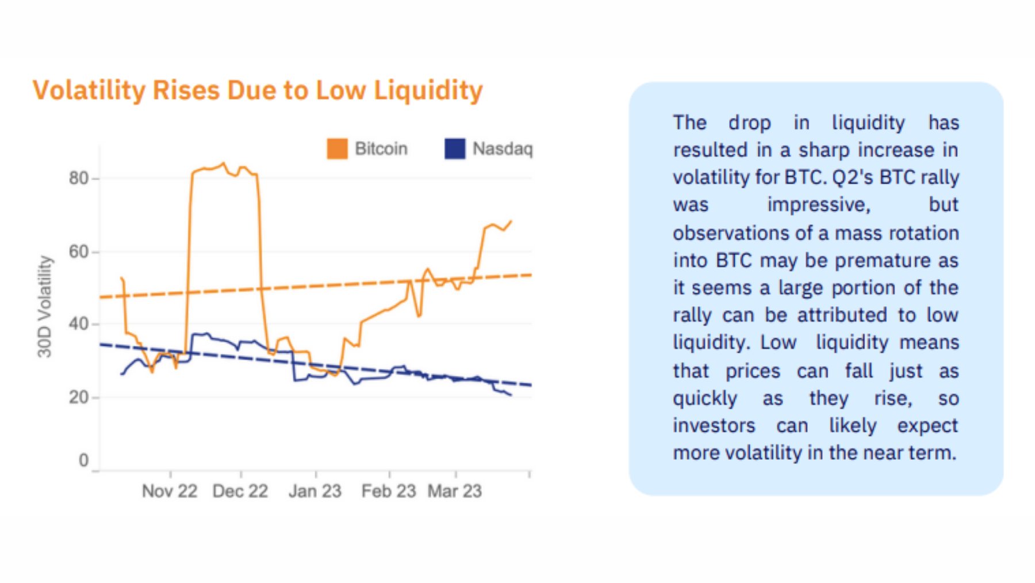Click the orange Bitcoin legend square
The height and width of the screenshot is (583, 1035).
[337, 148]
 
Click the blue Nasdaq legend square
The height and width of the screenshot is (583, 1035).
[454, 148]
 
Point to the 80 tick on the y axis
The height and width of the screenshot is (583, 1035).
[79, 178]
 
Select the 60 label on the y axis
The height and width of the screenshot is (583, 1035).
[79, 252]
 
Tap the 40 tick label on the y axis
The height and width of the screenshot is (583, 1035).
[79, 324]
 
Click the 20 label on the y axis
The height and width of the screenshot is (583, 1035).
[79, 397]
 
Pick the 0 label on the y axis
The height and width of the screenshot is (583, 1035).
[84, 460]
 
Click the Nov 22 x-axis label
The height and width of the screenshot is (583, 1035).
[170, 491]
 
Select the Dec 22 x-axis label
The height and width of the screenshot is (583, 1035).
[240, 491]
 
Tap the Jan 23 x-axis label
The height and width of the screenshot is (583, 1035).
[315, 491]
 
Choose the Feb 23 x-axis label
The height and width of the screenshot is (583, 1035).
[389, 491]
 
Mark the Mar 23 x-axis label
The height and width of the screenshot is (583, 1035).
[455, 491]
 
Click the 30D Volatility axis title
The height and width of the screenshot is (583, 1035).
[45, 307]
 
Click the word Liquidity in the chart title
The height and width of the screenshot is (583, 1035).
[428, 90]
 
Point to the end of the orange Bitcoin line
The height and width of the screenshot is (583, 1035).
[511, 222]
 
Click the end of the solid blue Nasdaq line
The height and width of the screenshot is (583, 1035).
[511, 394]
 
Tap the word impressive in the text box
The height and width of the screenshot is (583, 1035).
[819, 205]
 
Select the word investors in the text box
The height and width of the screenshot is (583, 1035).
[714, 425]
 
